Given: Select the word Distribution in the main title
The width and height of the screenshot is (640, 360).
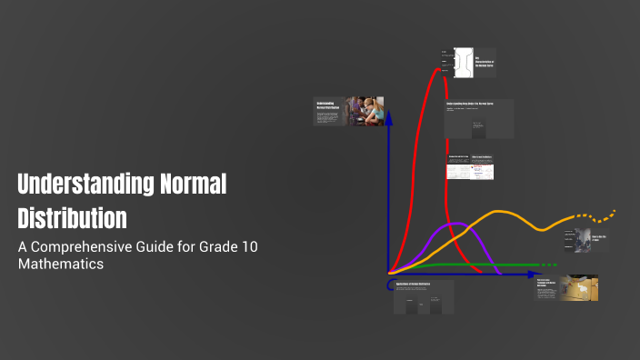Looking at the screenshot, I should (73, 218).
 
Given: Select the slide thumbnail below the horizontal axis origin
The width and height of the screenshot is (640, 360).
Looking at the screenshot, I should (424, 298).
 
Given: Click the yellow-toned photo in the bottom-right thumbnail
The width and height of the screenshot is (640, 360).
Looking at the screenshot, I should (578, 288).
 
